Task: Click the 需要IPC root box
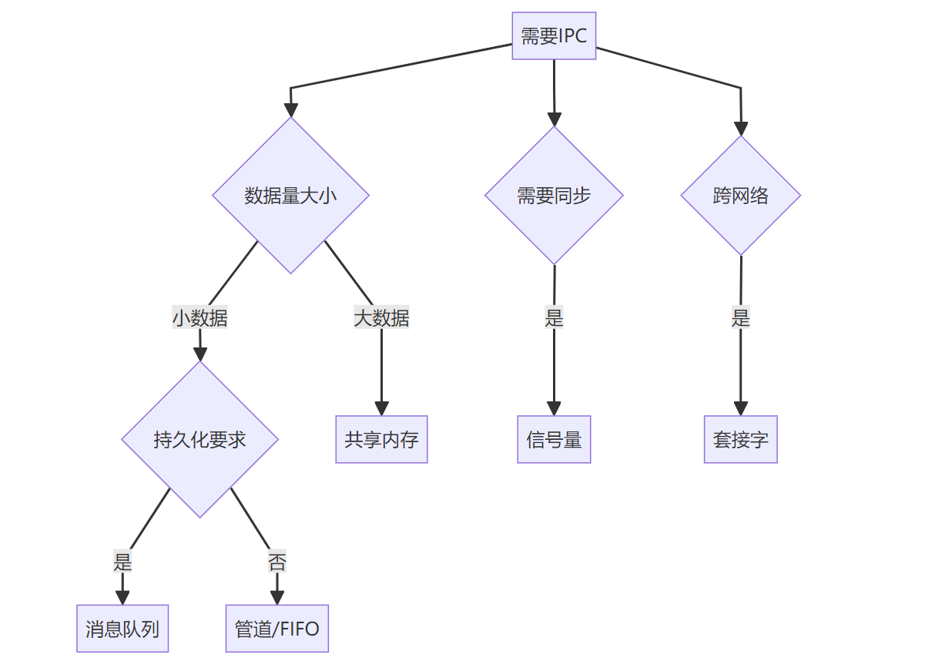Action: [554, 35]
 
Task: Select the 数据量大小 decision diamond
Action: [290, 196]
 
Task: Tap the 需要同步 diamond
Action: [554, 196]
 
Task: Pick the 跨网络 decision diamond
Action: [740, 196]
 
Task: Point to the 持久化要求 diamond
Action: [199, 439]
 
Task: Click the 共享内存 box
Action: [381, 439]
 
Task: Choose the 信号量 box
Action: [554, 439]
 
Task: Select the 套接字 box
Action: [740, 439]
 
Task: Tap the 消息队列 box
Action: [122, 629]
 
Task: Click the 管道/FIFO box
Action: [276, 629]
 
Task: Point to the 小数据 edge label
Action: [199, 317]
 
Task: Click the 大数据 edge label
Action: [381, 317]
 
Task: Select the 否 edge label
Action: [276, 562]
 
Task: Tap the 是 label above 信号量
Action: [554, 317]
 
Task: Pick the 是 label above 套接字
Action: [740, 317]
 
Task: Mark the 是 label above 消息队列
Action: [122, 562]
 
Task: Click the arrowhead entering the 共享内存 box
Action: [381, 409]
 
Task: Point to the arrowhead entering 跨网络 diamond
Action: [741, 129]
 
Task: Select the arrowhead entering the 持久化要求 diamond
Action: [200, 354]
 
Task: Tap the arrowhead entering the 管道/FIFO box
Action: [276, 598]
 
